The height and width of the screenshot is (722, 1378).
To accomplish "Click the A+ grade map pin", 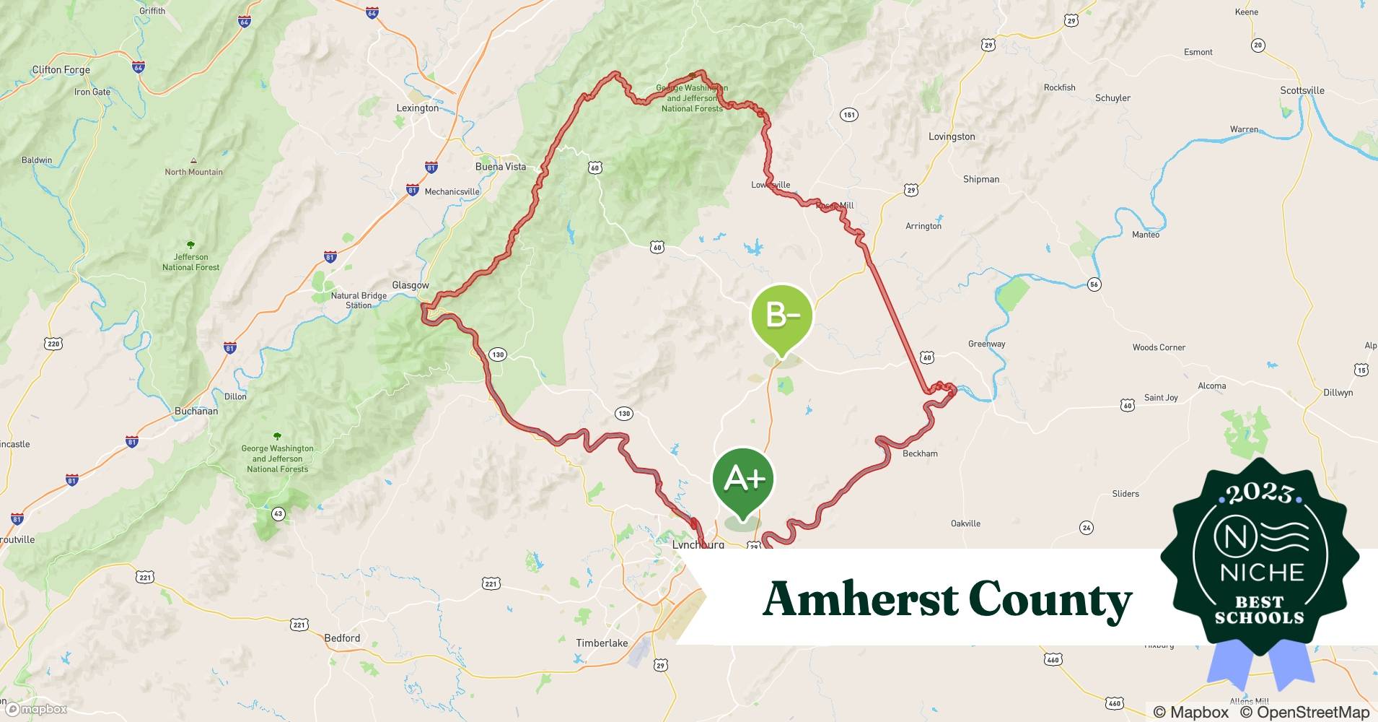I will [x=742, y=479].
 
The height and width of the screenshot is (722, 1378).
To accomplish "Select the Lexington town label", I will [x=417, y=108].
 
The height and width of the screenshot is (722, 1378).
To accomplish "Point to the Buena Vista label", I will [x=500, y=166].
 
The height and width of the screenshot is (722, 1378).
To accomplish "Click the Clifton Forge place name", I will [x=61, y=70].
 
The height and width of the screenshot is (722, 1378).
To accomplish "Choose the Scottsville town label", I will [x=1302, y=90].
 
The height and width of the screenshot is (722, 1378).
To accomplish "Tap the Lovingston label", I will [x=951, y=136].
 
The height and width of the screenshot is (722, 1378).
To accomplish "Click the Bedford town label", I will [x=342, y=638].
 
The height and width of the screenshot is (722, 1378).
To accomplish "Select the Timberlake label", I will [x=602, y=643].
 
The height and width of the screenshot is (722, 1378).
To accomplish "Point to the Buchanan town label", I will [x=196, y=411].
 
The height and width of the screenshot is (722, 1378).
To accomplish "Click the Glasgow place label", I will [x=410, y=285].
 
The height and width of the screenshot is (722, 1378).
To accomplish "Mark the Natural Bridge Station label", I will [x=359, y=300].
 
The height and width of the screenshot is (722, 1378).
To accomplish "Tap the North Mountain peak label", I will [x=193, y=172].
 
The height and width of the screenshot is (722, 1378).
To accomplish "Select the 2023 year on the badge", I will [x=1259, y=494].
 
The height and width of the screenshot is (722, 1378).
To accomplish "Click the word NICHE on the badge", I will [x=1262, y=573].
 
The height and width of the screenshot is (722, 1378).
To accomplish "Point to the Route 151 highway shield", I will [x=848, y=115].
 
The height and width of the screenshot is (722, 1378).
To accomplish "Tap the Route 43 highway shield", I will [x=278, y=514].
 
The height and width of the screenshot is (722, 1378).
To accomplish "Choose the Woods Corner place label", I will [x=1159, y=347].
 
